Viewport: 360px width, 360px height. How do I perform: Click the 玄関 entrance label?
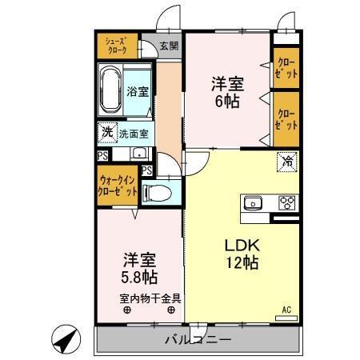(x=168, y=45)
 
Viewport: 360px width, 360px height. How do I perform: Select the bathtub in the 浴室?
(x=110, y=90)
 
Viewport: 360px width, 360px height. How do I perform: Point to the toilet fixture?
(x=156, y=193)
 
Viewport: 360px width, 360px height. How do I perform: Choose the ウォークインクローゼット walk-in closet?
(x=115, y=187)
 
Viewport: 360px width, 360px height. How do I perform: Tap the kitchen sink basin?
(x=254, y=202)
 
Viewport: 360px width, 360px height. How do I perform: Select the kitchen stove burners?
(x=286, y=202)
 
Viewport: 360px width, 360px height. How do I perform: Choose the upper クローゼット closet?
(x=286, y=67)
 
